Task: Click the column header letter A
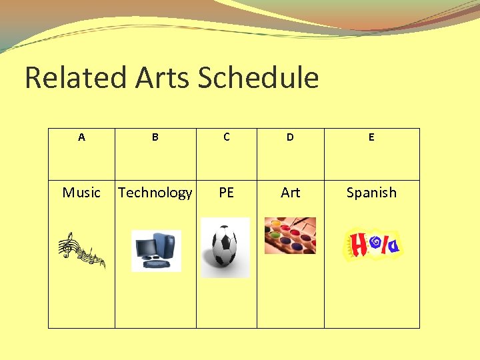[81, 137]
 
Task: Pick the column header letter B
[155, 137]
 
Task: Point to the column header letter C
[227, 137]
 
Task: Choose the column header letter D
[290, 137]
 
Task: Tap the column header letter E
[371, 137]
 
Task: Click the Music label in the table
[81, 193]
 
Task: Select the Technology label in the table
[155, 193]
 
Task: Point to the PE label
[227, 193]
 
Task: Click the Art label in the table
[291, 193]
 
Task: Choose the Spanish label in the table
[371, 193]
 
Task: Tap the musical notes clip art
[81, 249]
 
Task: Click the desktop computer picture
[156, 250]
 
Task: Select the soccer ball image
[225, 247]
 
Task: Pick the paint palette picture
[290, 235]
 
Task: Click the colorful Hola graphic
[372, 244]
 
